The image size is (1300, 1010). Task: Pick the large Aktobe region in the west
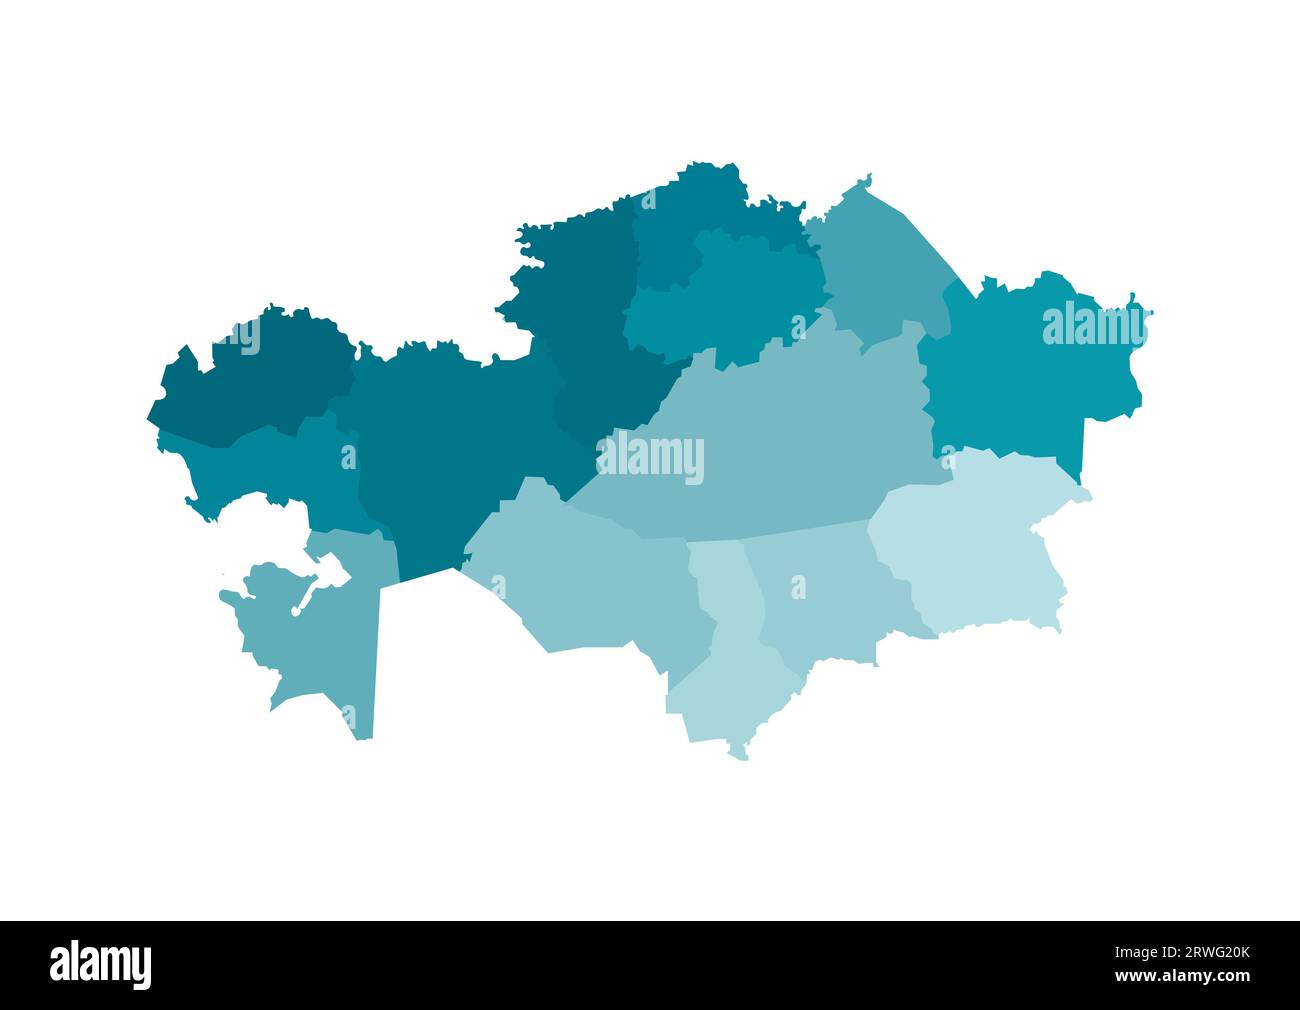pyautogui.click(x=440, y=450)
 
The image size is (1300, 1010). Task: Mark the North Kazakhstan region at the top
pyautogui.click(x=690, y=210)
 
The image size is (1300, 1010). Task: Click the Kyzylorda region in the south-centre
pyautogui.click(x=590, y=580)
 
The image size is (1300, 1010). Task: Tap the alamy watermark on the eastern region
pyautogui.click(x=1094, y=325)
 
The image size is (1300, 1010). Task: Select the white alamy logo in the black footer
pyautogui.click(x=101, y=965)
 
